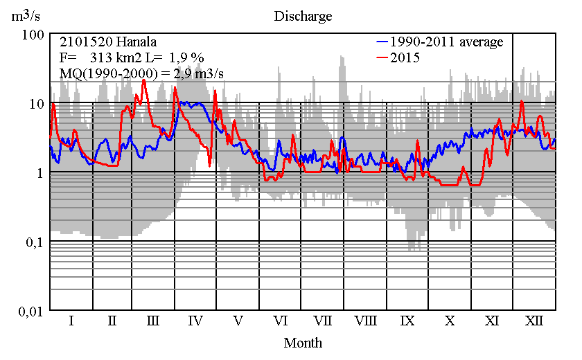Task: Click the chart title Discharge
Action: (303, 16)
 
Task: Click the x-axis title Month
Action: (303, 342)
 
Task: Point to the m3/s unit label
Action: (28, 16)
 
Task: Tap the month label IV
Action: (195, 321)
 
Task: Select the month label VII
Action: (323, 321)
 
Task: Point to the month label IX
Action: (407, 321)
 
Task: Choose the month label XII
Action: (534, 321)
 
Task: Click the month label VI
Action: (281, 321)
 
